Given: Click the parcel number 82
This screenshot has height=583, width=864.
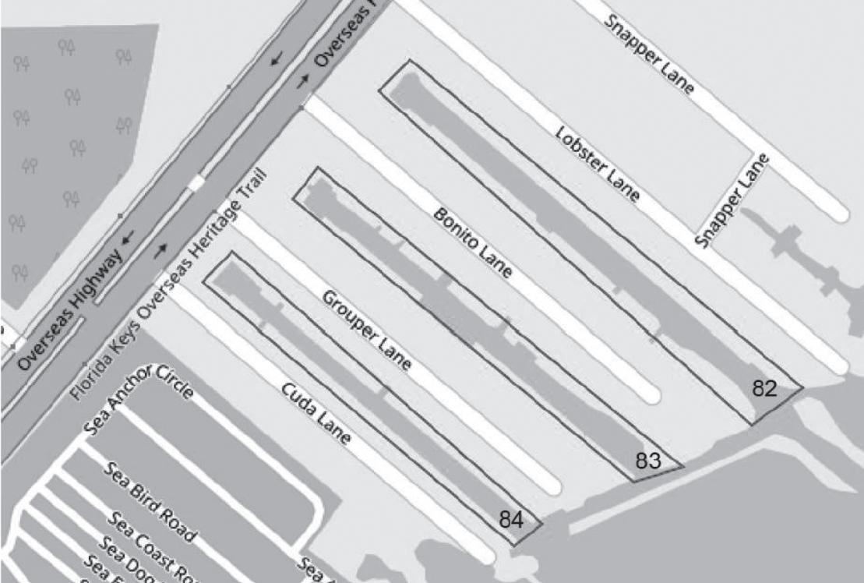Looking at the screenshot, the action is [x=764, y=389].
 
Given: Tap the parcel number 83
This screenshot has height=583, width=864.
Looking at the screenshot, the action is [x=648, y=461].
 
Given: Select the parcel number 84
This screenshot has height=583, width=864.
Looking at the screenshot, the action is [x=511, y=519].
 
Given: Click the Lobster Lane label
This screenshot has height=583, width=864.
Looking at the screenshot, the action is [x=598, y=164].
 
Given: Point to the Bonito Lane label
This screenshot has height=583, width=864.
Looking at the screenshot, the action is [x=472, y=242].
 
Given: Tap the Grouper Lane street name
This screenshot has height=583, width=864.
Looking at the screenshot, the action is [x=366, y=330].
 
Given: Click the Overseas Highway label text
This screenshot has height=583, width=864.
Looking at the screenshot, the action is [x=69, y=310].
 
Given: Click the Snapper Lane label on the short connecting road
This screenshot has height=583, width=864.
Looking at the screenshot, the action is [x=731, y=201].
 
